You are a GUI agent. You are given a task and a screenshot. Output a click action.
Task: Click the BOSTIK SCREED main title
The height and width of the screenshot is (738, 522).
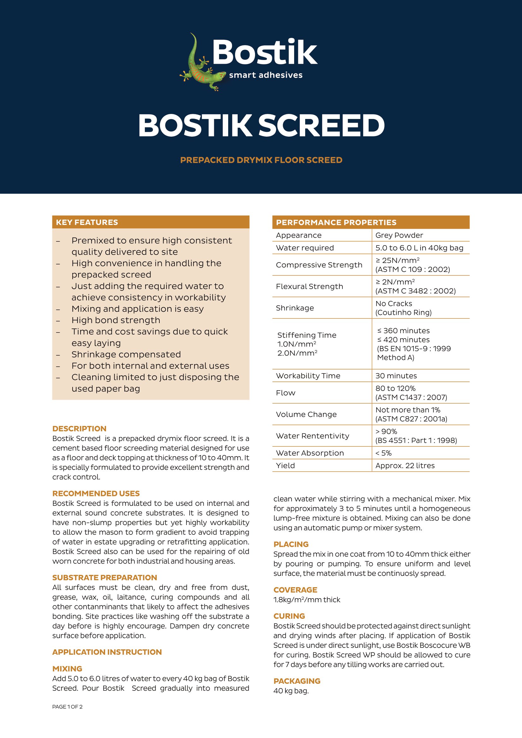tap(261, 125)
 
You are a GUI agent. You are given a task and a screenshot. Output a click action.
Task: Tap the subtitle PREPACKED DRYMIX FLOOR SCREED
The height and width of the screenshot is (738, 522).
tap(261, 160)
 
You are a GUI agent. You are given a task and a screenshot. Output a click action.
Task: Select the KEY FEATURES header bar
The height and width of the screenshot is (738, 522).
tap(151, 222)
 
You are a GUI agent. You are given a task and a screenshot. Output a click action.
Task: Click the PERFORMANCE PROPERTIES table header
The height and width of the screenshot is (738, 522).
tap(371, 222)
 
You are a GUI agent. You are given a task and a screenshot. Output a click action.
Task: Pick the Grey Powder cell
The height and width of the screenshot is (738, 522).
tap(399, 235)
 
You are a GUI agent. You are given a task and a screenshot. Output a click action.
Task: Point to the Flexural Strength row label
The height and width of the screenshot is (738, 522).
tap(309, 286)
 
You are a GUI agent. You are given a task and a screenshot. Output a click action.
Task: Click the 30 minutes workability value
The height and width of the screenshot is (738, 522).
tap(396, 376)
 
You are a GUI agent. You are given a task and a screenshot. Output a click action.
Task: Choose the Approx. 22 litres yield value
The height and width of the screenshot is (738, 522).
tap(405, 465)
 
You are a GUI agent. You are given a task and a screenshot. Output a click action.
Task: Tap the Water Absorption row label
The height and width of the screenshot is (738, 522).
tap(310, 453)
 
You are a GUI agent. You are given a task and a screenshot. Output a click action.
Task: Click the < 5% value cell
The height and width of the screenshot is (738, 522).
tap(383, 453)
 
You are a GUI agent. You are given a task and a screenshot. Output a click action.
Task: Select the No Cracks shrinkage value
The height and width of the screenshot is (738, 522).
tap(394, 304)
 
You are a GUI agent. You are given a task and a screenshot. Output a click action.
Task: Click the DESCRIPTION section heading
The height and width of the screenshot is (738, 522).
tap(79, 428)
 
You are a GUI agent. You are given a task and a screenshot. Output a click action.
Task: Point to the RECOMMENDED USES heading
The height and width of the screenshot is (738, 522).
tap(96, 493)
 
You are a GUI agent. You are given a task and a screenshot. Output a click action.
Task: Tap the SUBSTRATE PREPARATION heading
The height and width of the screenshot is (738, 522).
tap(104, 578)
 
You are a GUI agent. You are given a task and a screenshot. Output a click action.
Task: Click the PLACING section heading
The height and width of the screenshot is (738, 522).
tap(291, 544)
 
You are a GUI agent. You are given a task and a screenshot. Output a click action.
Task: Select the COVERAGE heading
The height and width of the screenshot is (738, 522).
tap(295, 590)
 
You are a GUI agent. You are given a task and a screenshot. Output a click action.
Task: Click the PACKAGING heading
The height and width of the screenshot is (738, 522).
tap(297, 681)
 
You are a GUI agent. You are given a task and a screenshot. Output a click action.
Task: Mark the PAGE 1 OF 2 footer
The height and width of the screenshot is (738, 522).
tap(67, 707)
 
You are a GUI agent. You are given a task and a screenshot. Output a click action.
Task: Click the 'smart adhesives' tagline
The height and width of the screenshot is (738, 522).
tap(265, 75)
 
